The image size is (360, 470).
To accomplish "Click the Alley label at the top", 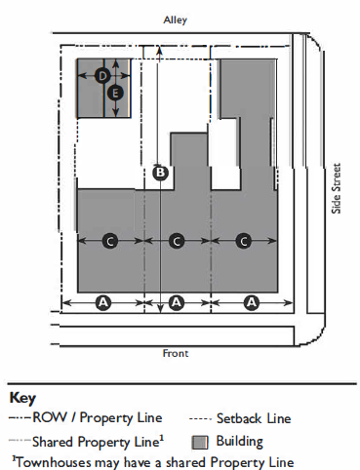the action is click(176, 20).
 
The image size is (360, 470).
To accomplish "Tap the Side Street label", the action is click(337, 188).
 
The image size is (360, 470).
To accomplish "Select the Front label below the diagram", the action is click(176, 353).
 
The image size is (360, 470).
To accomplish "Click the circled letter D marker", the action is click(102, 76).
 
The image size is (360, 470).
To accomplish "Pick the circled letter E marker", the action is click(115, 94).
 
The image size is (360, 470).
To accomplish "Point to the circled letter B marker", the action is click(161, 173).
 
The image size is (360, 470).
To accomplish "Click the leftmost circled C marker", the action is click(110, 241).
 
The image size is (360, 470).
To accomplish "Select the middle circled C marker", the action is click(177, 241).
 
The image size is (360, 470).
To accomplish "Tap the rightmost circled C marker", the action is click(244, 241).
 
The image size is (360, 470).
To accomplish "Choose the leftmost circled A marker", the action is click(103, 303).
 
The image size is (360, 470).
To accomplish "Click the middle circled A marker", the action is click(177, 303).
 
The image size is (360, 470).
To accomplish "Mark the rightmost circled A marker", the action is click(252, 303).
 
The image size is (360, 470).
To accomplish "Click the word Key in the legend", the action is click(22, 398).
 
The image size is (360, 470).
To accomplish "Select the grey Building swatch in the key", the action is click(200, 443).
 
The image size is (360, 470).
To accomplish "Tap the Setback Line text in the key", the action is click(254, 418).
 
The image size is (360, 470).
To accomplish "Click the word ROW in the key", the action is click(50, 417).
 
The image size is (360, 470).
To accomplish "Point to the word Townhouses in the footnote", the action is click(54, 462).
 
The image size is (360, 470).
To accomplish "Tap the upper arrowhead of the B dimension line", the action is click(159, 50).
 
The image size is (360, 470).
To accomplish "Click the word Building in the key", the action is click(240, 442).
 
